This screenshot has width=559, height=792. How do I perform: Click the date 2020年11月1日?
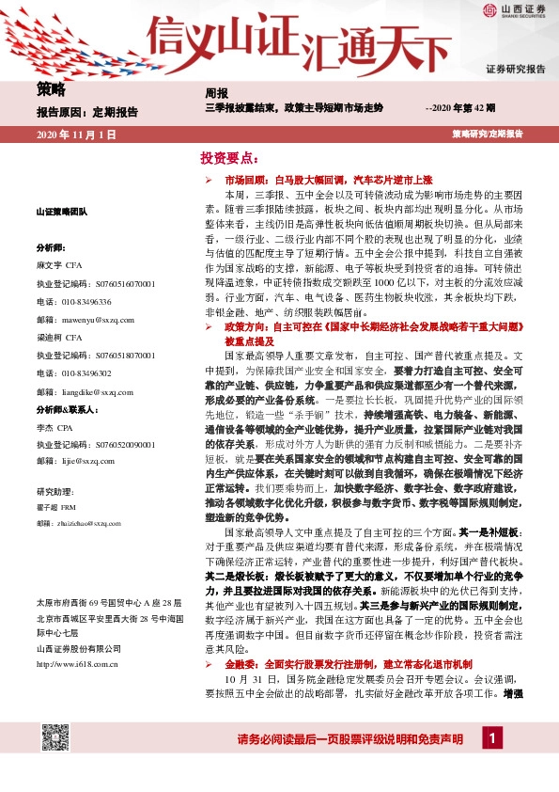(75, 135)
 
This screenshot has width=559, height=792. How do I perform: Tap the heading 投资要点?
(228, 157)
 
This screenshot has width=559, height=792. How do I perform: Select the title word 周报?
(217, 92)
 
